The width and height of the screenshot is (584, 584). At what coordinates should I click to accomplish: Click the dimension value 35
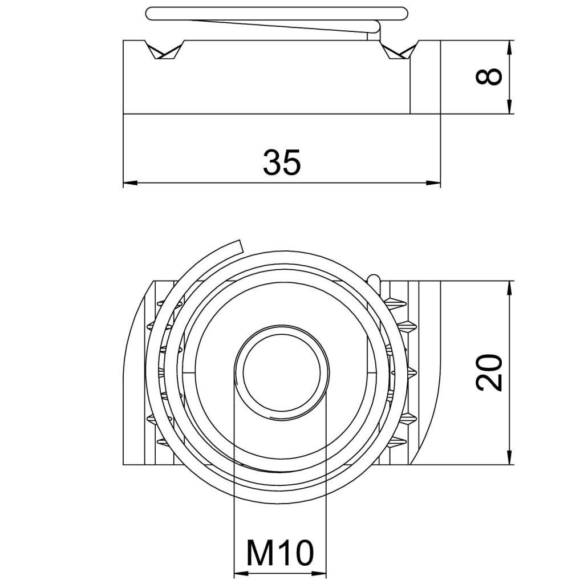(282, 162)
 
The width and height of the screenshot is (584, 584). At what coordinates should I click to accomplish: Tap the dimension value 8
(489, 76)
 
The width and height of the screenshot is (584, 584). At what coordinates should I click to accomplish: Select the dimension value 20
(489, 372)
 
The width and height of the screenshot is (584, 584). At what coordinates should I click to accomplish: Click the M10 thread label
(280, 553)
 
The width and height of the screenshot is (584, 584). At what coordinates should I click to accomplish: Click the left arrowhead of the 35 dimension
(130, 182)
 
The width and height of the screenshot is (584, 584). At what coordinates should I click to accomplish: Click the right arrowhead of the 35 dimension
(433, 182)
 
